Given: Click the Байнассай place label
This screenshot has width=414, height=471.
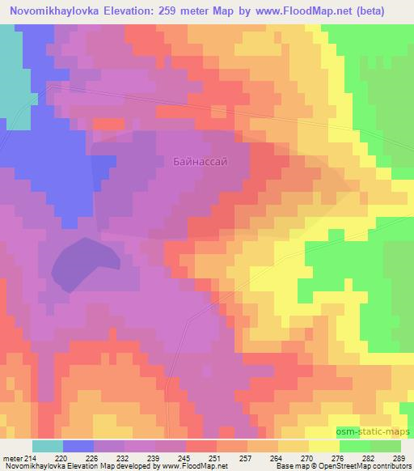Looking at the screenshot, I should (200, 162).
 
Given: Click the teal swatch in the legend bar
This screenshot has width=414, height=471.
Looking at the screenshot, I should (47, 446).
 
